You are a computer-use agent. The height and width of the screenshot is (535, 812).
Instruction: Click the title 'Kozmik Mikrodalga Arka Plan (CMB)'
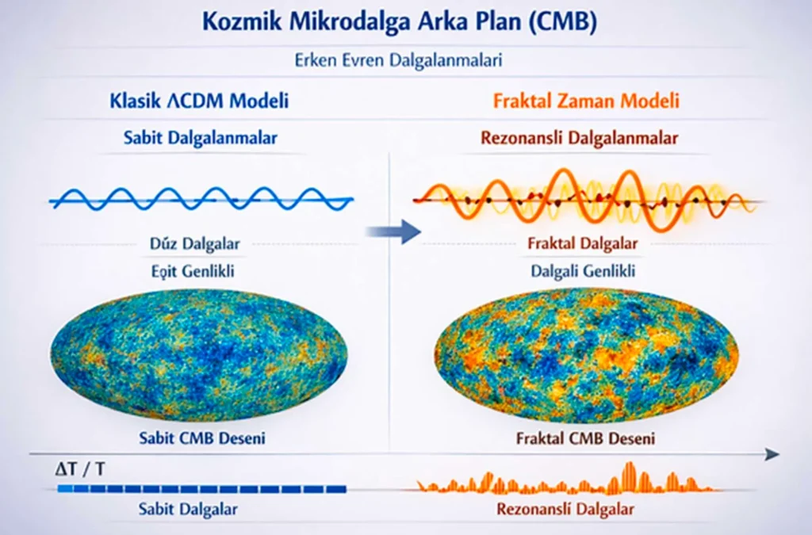tap(398, 21)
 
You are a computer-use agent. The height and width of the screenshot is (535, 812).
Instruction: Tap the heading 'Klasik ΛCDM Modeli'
tap(198, 101)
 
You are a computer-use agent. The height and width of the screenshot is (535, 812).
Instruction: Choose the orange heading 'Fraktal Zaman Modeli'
tap(586, 101)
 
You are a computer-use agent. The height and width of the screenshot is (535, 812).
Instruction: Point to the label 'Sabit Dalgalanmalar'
tap(200, 138)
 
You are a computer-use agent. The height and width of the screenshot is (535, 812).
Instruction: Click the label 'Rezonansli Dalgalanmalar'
tap(579, 138)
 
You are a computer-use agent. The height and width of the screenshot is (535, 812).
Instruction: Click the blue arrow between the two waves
tap(392, 231)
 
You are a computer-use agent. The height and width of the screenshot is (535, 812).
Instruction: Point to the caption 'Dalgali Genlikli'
tap(584, 271)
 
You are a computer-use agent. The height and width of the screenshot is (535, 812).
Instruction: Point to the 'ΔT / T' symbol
tap(79, 469)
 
